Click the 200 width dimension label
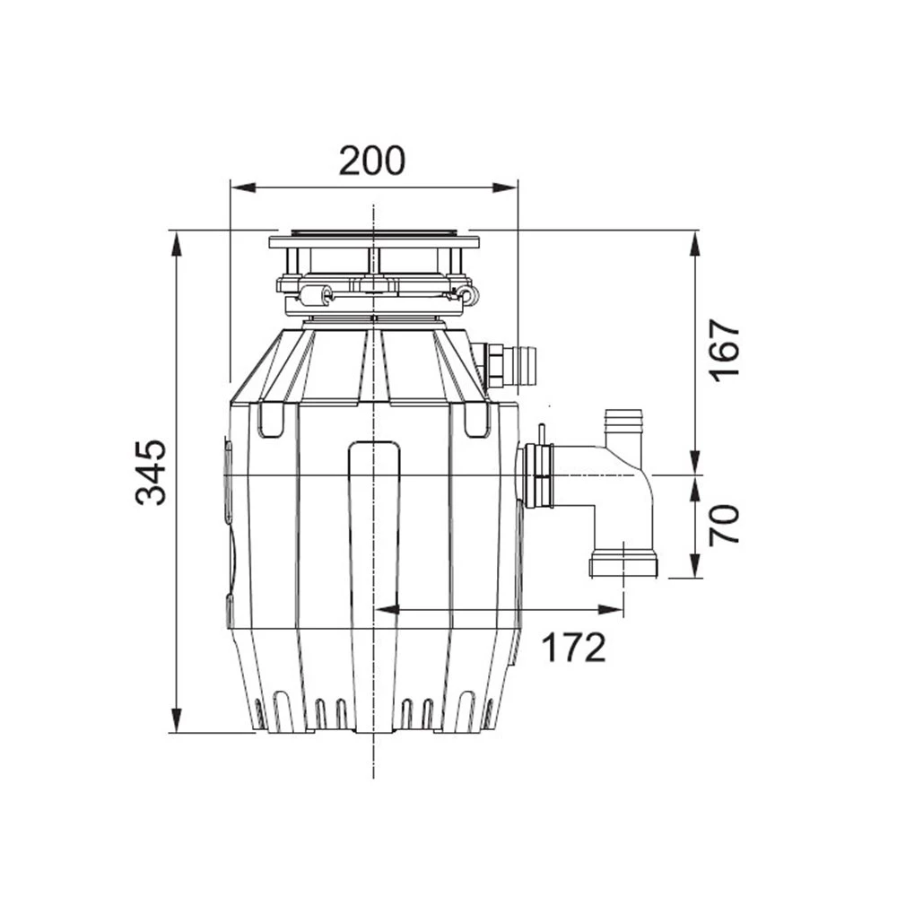coord(372,161)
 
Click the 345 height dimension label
coord(151,473)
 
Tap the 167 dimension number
coord(724,350)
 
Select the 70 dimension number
coord(724,525)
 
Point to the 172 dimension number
coord(573,649)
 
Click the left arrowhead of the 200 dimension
coord(242,187)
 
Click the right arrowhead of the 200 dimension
coord(504,187)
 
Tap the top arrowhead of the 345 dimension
coord(177,244)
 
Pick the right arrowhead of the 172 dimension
coord(611,610)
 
